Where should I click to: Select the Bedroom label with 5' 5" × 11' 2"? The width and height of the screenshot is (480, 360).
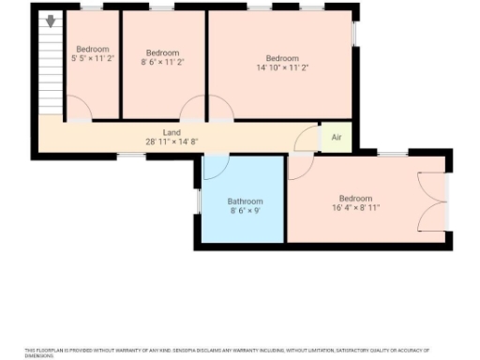[x=93, y=49]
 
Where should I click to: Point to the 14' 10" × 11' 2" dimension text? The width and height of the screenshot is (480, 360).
[x=282, y=67]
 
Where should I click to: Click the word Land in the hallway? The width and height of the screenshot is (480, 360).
[x=172, y=133]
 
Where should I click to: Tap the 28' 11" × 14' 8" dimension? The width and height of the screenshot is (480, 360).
[x=172, y=142]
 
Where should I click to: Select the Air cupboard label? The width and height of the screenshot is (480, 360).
[x=337, y=138]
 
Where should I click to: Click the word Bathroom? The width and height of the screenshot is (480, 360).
[x=246, y=202]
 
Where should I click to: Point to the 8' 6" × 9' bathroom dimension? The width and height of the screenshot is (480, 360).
[x=246, y=212]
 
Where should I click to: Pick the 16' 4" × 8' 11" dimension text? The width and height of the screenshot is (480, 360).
[x=355, y=208]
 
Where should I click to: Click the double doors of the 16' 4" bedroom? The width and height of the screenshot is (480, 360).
[x=432, y=202]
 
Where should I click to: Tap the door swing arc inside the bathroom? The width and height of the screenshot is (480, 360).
[x=216, y=167]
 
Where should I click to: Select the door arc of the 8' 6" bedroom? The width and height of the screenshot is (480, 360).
[x=194, y=109]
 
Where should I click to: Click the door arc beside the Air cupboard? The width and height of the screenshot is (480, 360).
[x=307, y=141]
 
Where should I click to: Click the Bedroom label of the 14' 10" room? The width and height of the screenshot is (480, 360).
[x=282, y=57]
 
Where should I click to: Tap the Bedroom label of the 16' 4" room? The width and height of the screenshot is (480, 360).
[x=355, y=198]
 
